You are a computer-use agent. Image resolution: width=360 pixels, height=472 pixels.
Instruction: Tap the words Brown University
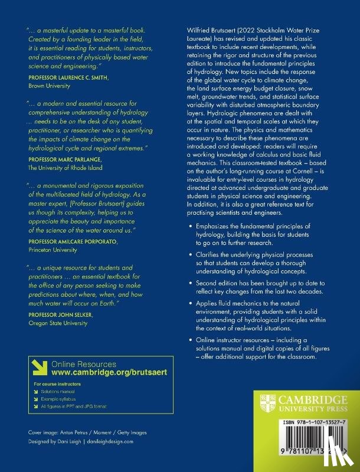point(46,86)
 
